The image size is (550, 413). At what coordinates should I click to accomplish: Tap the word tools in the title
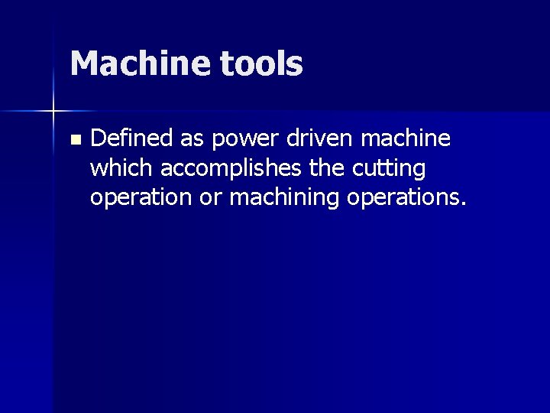261,63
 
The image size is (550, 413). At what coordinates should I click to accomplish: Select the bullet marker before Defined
74,140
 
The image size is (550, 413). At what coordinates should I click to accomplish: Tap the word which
122,167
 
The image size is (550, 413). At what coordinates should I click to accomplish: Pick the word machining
285,198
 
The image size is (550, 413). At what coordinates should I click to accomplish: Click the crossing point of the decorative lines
53,112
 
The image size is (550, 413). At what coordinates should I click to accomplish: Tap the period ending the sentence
463,204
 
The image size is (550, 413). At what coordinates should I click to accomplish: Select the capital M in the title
83,63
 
